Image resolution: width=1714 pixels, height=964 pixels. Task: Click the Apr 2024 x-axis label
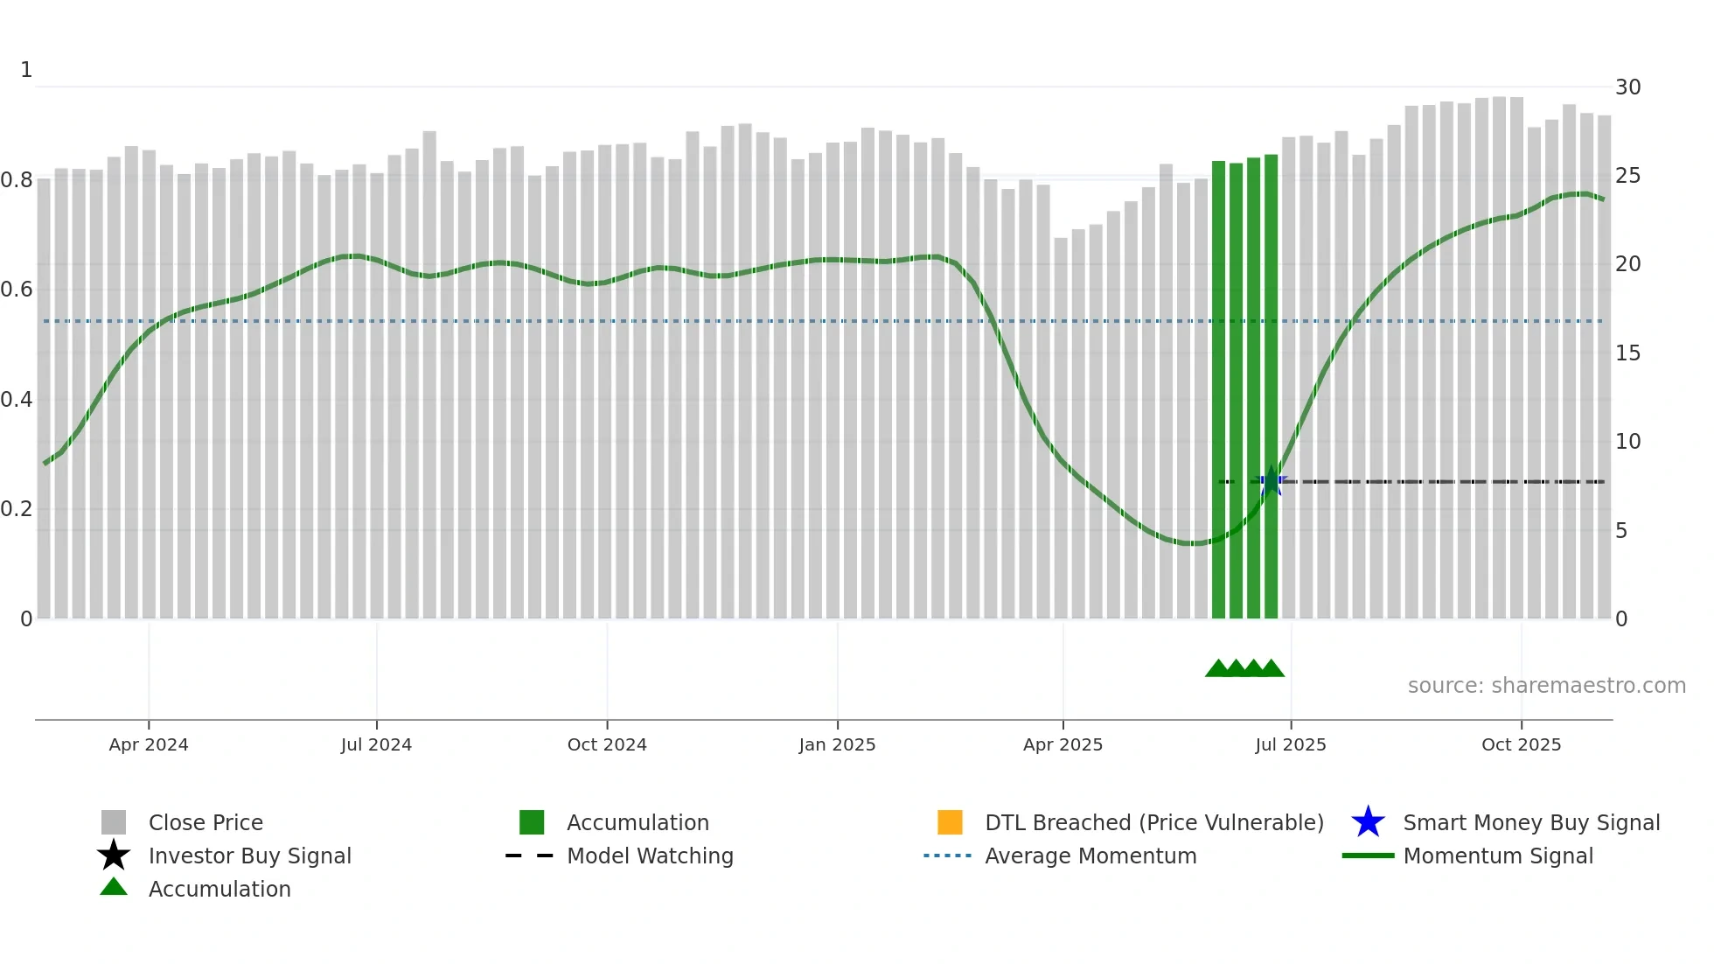(149, 744)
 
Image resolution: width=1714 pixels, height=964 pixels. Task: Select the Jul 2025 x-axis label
(1291, 744)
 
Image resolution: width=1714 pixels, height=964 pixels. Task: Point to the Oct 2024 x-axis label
(607, 744)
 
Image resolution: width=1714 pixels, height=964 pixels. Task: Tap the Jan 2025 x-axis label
(837, 744)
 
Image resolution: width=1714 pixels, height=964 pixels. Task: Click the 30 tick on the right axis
(1627, 87)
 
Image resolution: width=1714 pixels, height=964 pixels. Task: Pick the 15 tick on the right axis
(1627, 353)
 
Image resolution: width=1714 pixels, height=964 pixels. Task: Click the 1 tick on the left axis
(26, 70)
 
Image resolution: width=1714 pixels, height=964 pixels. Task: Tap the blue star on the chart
(1271, 482)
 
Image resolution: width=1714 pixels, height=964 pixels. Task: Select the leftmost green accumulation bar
(1218, 389)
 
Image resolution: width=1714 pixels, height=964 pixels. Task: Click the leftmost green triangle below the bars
(1217, 669)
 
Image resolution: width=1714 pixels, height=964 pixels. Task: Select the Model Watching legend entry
(649, 856)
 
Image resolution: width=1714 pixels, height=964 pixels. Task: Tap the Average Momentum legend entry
(1090, 856)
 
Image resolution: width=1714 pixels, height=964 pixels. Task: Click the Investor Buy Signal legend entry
(249, 856)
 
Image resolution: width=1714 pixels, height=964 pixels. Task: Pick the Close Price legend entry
(206, 822)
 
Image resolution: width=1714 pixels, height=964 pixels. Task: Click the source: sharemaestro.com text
(1546, 686)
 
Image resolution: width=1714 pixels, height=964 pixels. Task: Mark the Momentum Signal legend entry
(1497, 856)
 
